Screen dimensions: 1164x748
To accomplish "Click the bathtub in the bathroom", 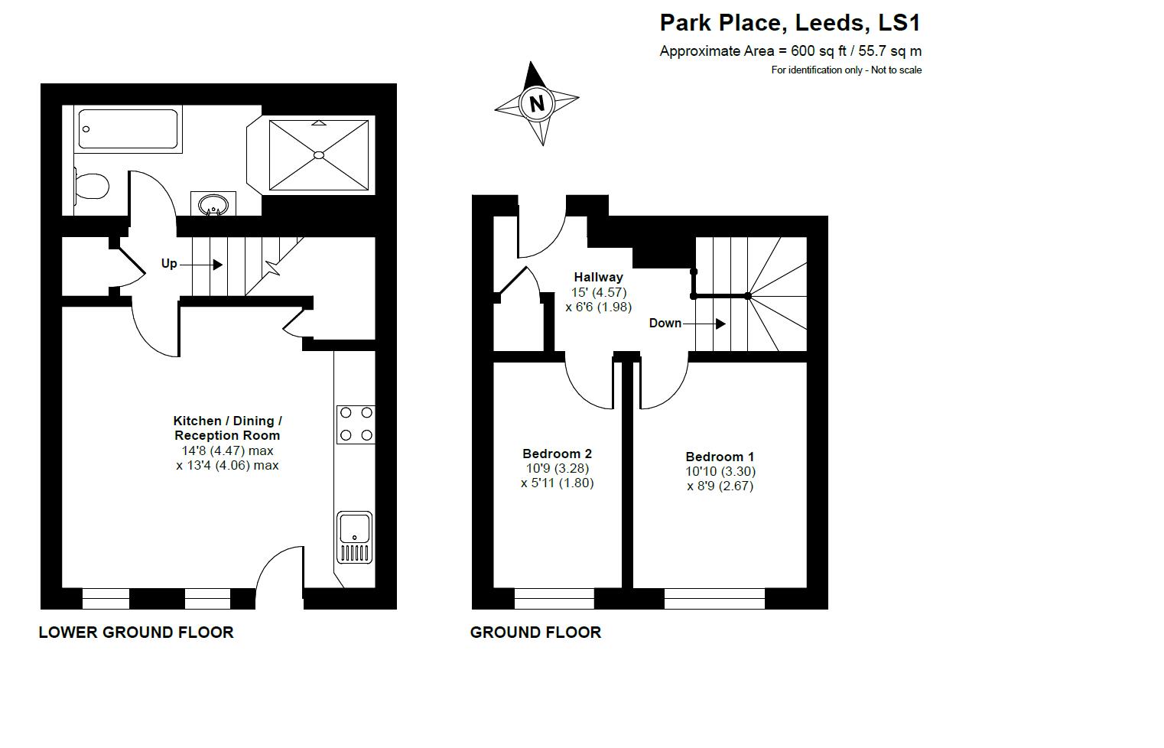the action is pos(128,129).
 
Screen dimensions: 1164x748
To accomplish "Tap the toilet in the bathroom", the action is pos(91,186).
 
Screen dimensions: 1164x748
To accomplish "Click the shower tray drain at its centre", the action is pos(319,155).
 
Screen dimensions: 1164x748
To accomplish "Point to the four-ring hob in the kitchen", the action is pos(356,424).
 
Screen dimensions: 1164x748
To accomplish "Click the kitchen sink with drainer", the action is pos(355,538).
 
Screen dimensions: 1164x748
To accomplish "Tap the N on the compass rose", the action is pos(537,103).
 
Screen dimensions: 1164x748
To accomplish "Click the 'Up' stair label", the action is pos(170,264).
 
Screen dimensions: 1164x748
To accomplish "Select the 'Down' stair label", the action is pos(665,324).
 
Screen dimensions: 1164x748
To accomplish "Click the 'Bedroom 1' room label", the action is pos(720,457).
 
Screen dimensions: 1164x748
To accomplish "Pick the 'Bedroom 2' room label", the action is pos(557,454).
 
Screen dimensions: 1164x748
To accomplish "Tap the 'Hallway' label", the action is pos(598,277).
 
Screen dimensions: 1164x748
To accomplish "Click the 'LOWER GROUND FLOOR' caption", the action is pos(136,633).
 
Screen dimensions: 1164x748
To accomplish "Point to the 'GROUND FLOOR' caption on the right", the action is pos(536,633).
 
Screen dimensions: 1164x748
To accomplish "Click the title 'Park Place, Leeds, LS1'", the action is pos(790,23).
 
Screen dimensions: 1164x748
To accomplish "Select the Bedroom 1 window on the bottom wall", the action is pos(714,599).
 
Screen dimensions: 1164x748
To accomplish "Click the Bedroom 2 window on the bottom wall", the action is pos(554,599).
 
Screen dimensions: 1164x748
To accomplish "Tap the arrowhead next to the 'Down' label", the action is pos(720,324).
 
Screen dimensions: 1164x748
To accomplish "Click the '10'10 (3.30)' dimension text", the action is pos(720,471).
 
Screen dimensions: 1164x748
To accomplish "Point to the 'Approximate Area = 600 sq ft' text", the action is pos(753,51).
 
